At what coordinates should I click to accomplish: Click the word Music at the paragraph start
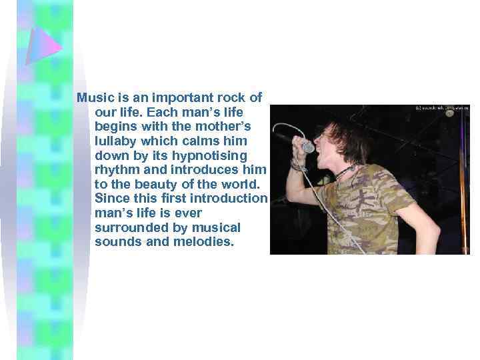pyautogui.click(x=94, y=97)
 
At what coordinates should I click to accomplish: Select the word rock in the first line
pyautogui.click(x=234, y=97)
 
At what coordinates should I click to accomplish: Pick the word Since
pyautogui.click(x=111, y=199)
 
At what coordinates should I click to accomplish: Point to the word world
pyautogui.click(x=248, y=184)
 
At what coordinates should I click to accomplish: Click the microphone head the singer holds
pyautogui.click(x=307, y=146)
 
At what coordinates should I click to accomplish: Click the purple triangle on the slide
pyautogui.click(x=43, y=46)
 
